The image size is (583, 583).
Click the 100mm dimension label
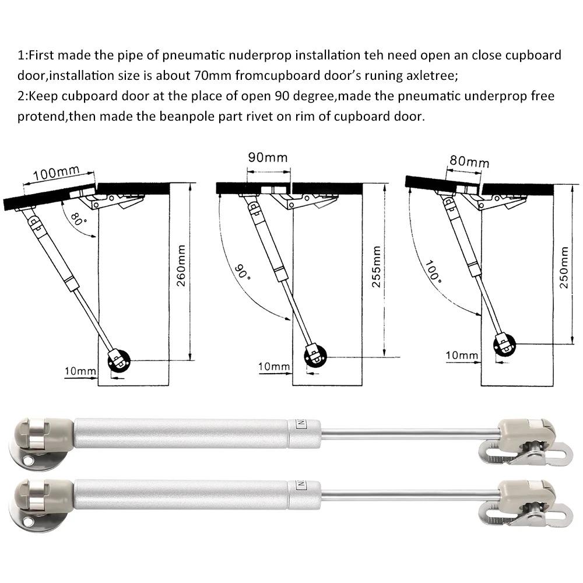click(56, 174)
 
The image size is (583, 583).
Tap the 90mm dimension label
click(268, 158)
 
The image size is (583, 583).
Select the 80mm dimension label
click(469, 161)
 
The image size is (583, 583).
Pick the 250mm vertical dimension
click(563, 268)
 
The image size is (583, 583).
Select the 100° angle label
click(433, 270)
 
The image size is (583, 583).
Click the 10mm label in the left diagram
click(80, 371)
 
